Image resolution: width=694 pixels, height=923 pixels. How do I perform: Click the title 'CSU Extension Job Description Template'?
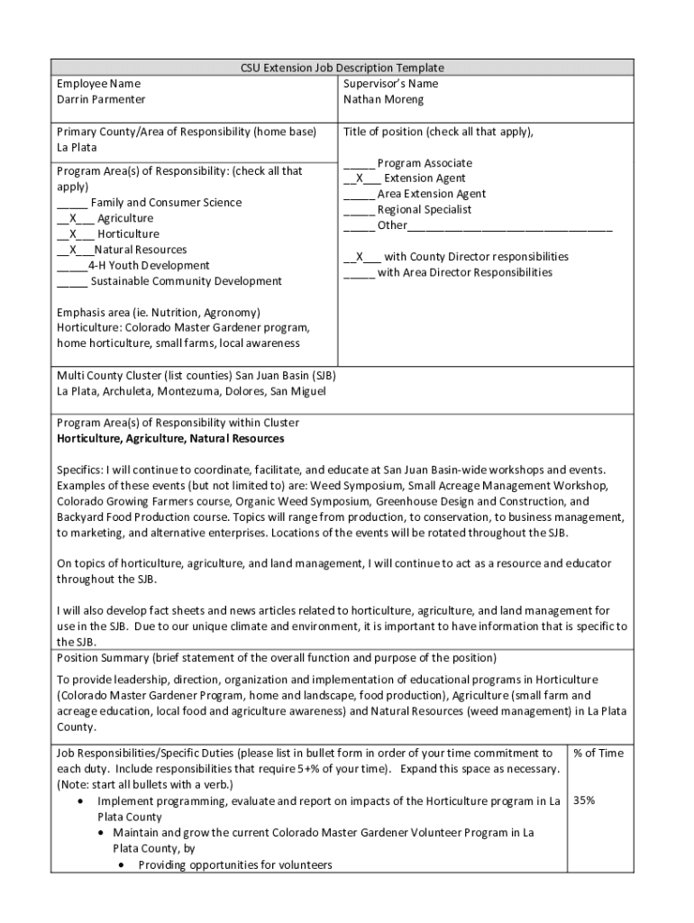(342, 68)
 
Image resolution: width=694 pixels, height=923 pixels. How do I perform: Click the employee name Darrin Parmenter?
(101, 99)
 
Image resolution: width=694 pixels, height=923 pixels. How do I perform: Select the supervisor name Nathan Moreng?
(383, 99)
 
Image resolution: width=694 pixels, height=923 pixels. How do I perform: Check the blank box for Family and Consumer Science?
(72, 203)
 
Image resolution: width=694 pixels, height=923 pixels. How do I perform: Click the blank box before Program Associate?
(359, 163)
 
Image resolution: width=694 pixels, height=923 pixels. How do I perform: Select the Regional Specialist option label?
(424, 209)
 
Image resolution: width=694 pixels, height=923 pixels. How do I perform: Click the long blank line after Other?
(509, 225)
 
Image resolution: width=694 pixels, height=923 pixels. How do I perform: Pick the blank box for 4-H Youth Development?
(72, 266)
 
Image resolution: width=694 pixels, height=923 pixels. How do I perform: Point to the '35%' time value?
(584, 800)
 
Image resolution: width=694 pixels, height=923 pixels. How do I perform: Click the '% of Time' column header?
(598, 753)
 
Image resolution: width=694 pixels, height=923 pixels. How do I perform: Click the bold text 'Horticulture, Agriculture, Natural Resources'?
(170, 438)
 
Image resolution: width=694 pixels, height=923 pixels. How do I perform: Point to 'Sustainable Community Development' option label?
(186, 281)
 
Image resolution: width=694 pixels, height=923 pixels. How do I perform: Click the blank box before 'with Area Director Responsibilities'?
(359, 272)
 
